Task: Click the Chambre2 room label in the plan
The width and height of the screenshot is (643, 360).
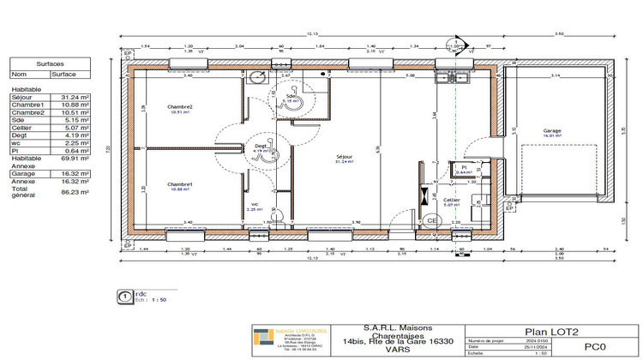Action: [x=180, y=107]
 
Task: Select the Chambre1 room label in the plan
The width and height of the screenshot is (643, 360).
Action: [x=180, y=184]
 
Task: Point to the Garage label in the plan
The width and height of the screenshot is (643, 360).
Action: [x=551, y=131]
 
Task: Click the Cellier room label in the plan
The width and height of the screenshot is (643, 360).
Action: [x=453, y=201]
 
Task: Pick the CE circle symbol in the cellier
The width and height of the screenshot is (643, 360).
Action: [x=431, y=220]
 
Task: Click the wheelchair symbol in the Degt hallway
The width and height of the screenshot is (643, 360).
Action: [x=267, y=154]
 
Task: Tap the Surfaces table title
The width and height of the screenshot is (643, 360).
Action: [x=48, y=64]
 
